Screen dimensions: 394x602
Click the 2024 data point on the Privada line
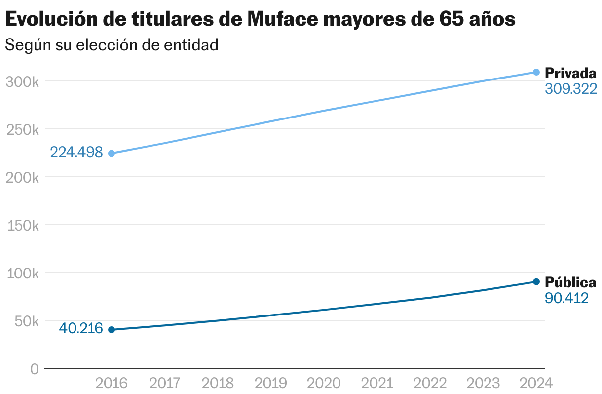[536, 72]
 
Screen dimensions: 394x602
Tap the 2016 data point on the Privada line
[112, 153]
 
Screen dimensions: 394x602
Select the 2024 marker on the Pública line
[536, 282]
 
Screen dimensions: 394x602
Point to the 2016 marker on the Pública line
[112, 330]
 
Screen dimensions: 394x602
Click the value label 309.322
[571, 89]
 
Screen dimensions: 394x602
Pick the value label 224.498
[76, 152]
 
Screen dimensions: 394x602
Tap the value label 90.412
[566, 298]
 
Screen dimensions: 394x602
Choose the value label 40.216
[81, 328]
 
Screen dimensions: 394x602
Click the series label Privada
[570, 74]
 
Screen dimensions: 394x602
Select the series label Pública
[570, 283]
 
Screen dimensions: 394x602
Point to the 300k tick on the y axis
[22, 81]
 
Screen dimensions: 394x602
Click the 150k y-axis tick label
[22, 226]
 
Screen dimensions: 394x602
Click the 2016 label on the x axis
[112, 383]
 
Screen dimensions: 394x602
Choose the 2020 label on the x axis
[324, 383]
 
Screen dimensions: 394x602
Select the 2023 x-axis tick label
[483, 383]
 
